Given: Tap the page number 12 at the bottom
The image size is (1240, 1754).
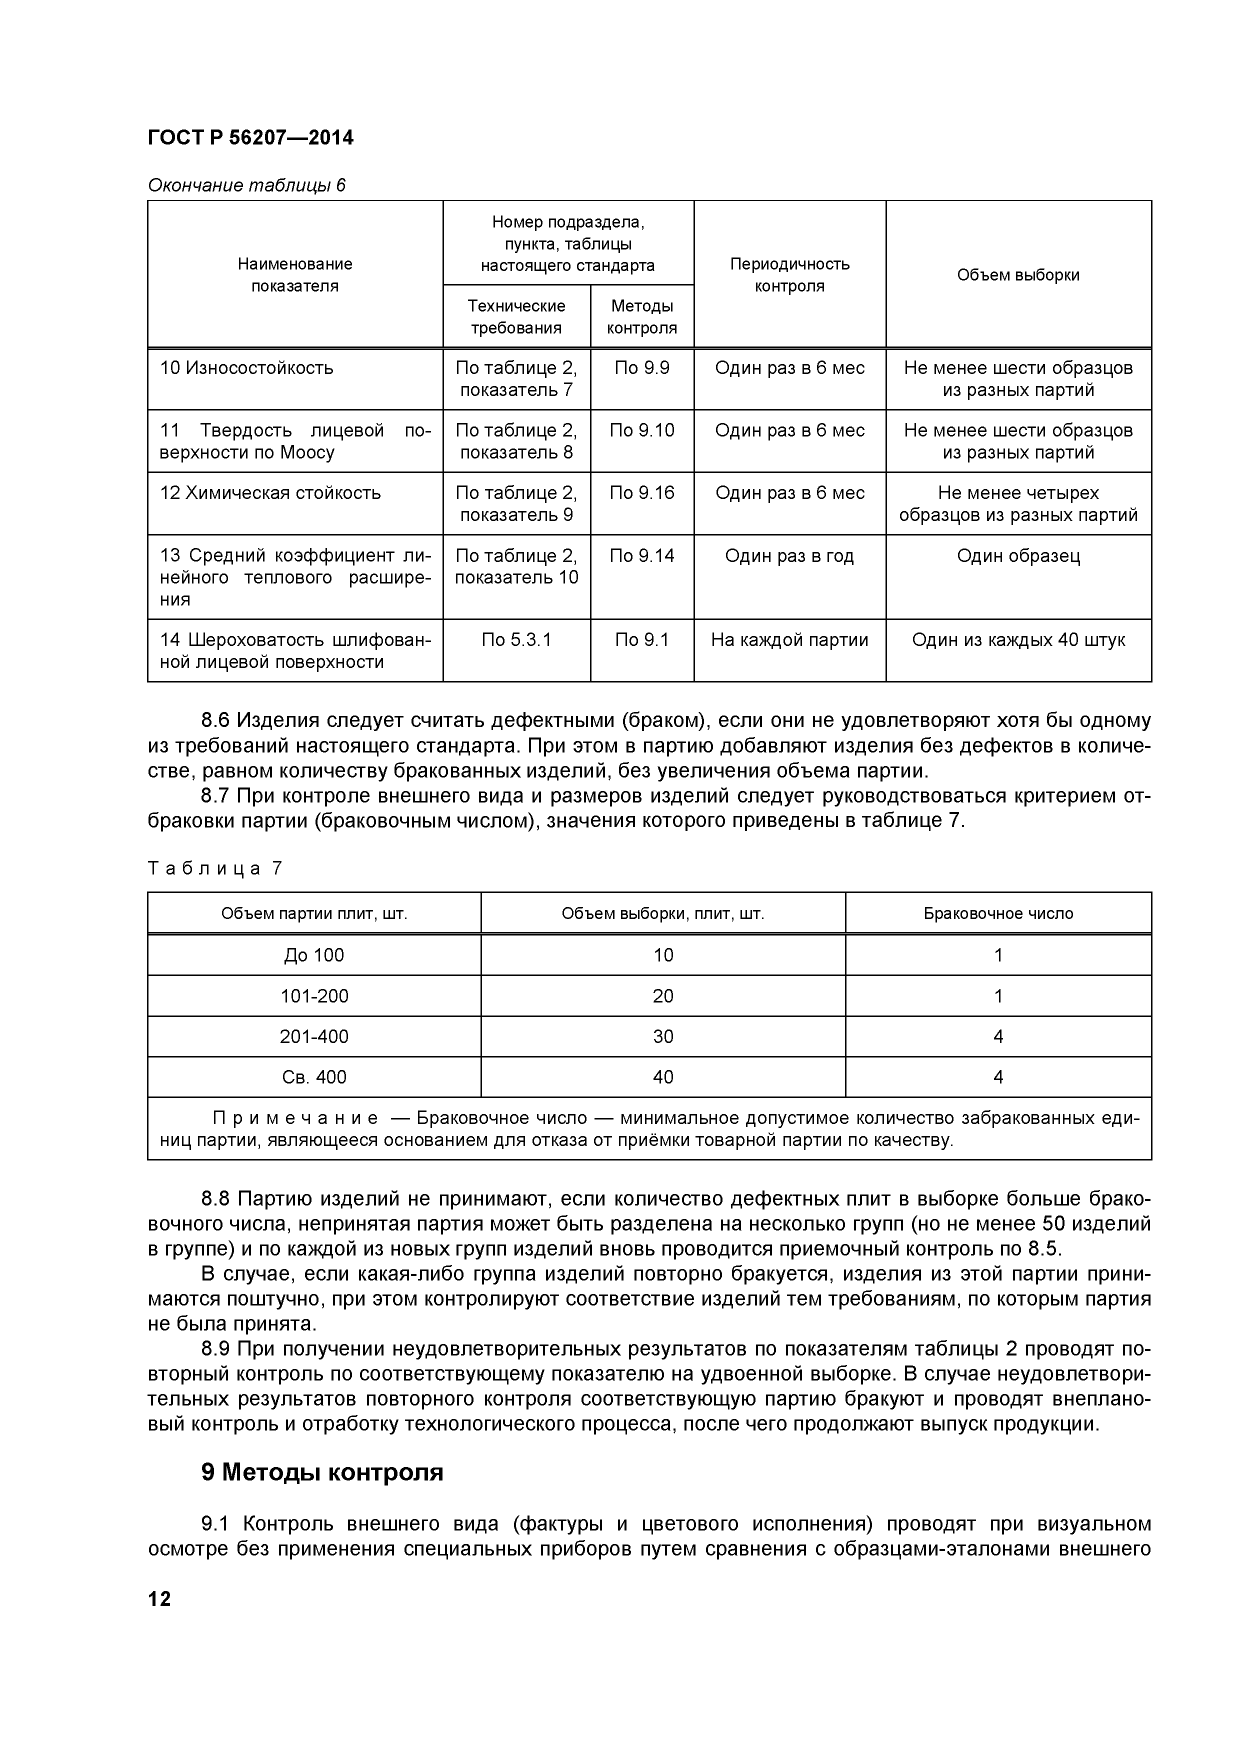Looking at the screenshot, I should [159, 1598].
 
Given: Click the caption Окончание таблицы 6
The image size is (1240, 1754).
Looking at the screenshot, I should [246, 185].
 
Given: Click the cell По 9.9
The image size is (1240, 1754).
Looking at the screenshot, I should [642, 368].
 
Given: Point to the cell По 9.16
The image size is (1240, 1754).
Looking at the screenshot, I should [642, 492].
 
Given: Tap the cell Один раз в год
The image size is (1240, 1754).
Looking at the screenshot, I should [789, 555].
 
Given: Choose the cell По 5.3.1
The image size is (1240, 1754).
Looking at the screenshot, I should [516, 639].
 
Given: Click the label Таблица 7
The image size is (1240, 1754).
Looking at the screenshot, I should [214, 868].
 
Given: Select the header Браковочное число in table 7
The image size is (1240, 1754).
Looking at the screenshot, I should [998, 913].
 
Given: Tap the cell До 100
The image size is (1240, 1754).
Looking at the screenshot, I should [314, 955].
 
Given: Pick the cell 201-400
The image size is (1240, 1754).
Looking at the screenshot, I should [314, 1036].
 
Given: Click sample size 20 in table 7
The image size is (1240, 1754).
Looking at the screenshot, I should [663, 995].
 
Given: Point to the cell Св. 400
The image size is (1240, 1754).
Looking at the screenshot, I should [314, 1077].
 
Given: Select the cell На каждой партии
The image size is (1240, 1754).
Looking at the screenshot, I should [789, 639].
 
